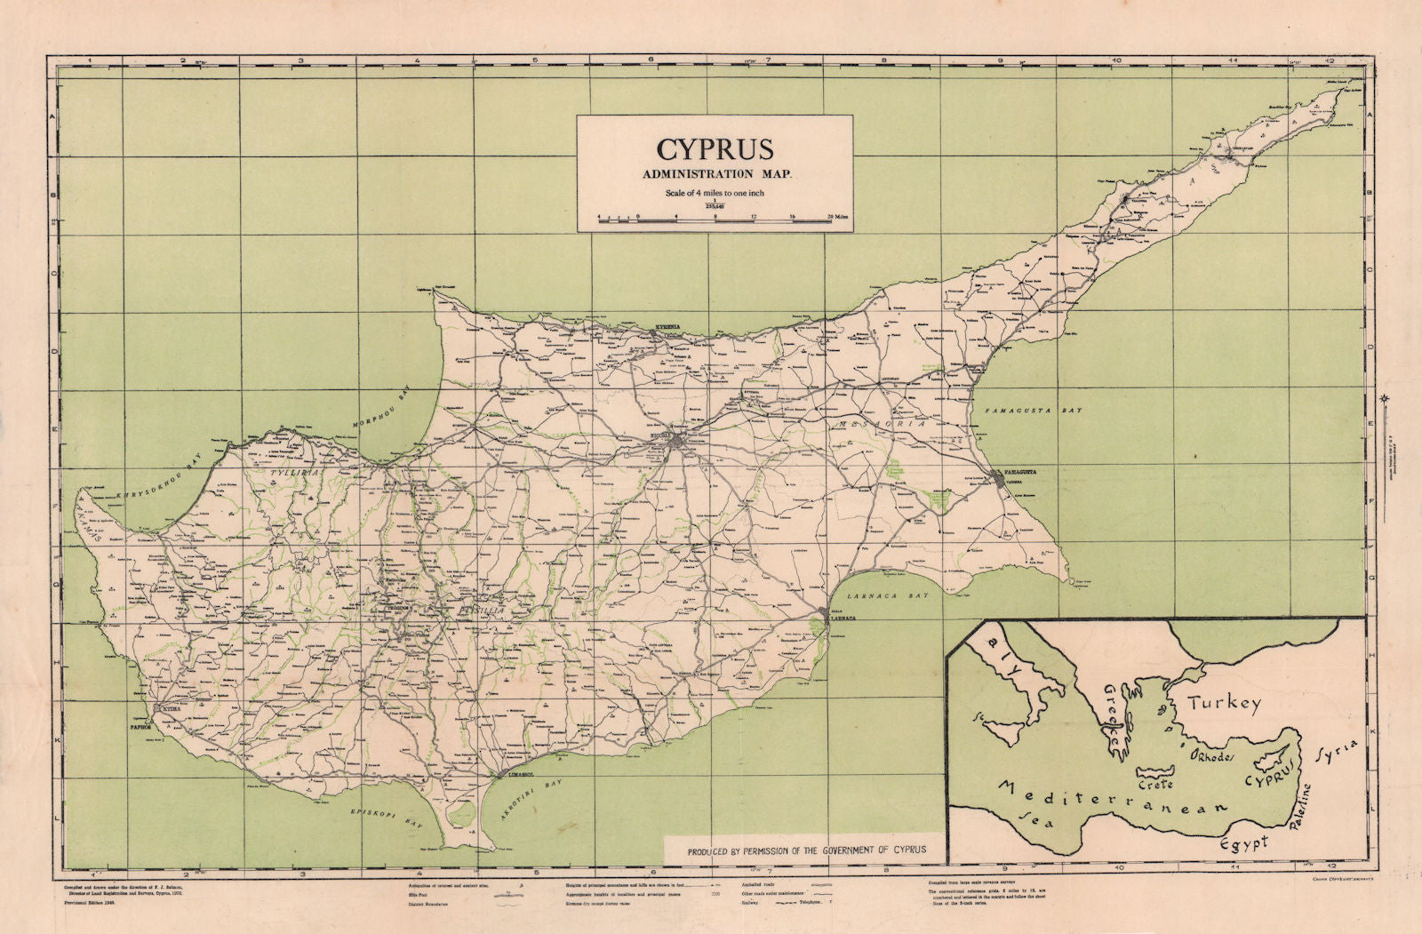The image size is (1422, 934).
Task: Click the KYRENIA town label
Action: [x=667, y=327]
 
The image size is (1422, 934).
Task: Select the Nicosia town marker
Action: [x=680, y=442]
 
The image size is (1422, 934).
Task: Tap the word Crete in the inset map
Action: [x=1155, y=784]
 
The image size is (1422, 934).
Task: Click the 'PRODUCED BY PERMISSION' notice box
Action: [x=806, y=850]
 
